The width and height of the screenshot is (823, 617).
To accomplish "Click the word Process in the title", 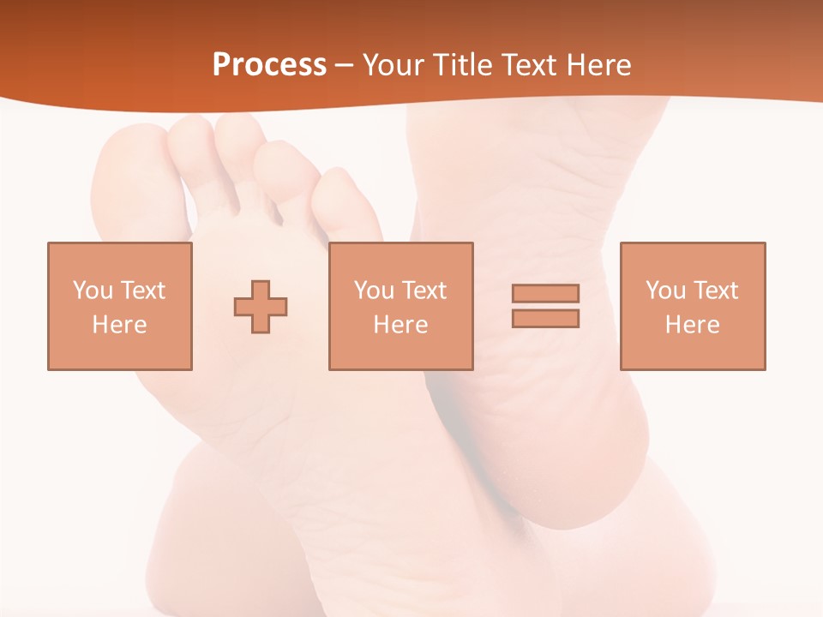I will coord(269,65).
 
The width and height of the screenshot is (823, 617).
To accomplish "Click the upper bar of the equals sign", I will coord(545,293).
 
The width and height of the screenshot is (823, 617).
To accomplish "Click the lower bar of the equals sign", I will coord(545,318).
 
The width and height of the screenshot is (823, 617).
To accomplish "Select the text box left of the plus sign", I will coord(120,306).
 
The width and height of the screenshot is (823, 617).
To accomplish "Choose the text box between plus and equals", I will coord(400,306).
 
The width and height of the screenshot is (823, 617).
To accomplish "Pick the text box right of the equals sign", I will coord(692,306).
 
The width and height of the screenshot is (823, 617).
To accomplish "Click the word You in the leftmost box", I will coord(93,291).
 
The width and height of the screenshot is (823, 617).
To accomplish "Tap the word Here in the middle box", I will coord(400,325).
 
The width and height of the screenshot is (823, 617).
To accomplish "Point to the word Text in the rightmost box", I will coord(715,291).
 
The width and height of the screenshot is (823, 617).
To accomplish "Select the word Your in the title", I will coord(393,65).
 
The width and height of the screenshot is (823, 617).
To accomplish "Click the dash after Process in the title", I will coord(344,65).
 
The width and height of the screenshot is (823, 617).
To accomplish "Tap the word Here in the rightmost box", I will coord(692,325).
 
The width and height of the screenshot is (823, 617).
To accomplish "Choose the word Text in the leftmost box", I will coord(142,291).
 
